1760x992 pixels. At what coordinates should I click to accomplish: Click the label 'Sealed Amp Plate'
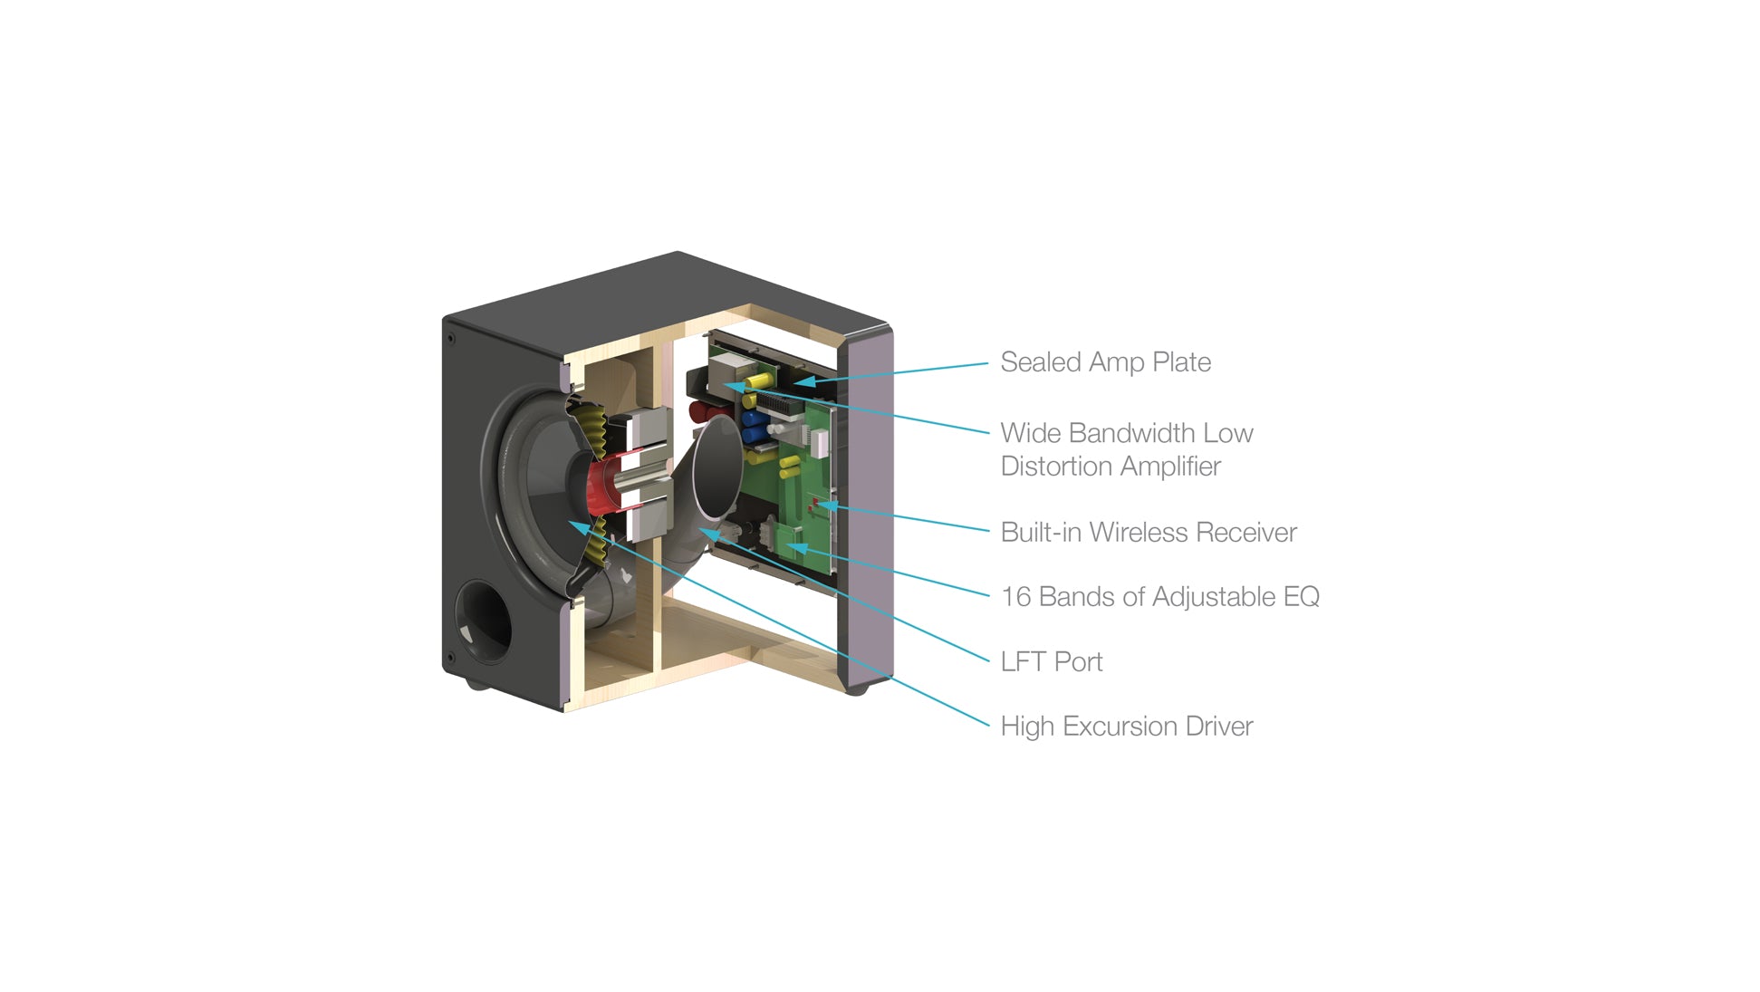1105,362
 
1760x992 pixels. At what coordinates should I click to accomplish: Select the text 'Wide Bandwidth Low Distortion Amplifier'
1126,449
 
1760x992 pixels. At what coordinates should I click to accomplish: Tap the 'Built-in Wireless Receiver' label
1148,533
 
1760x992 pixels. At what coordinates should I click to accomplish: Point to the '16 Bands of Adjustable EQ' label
1159,597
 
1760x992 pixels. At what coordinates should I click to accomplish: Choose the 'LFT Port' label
1051,662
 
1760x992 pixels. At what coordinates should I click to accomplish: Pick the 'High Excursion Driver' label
1126,727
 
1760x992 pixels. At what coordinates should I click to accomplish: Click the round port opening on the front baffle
483,621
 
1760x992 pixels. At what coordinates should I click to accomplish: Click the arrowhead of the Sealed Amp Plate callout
803,382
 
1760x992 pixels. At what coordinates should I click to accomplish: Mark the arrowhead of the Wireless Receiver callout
819,504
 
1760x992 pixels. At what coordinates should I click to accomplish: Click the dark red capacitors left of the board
701,412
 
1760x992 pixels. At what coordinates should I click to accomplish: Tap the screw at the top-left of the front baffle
450,339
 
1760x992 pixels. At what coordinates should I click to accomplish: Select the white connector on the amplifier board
819,442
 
